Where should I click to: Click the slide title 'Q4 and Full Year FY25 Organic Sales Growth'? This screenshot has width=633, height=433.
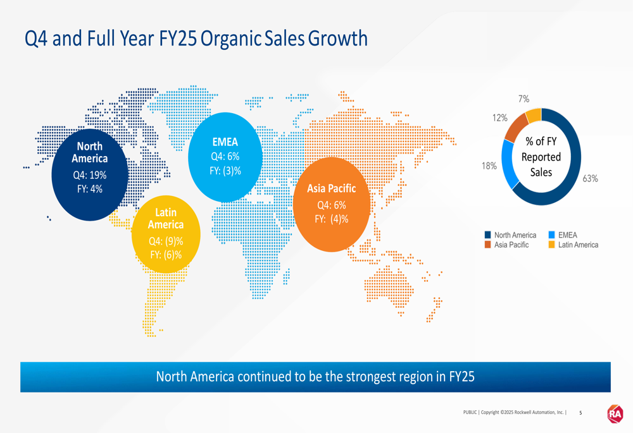[x=196, y=39]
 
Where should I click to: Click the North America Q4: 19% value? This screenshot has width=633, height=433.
[x=89, y=175]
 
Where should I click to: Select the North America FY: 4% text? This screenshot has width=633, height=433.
[x=89, y=188]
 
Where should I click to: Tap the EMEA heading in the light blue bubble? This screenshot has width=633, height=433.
[x=225, y=142]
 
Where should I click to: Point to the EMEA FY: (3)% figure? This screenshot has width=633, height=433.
[x=225, y=170]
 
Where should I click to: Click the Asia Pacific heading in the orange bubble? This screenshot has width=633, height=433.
[x=331, y=188]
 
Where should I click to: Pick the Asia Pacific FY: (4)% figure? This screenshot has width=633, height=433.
[x=331, y=219]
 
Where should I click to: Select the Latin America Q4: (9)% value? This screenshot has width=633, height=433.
[x=166, y=241]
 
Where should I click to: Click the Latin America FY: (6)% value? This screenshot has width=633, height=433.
[x=166, y=255]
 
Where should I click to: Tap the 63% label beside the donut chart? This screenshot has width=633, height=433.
[x=590, y=179]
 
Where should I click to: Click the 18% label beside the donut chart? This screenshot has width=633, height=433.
[x=489, y=166]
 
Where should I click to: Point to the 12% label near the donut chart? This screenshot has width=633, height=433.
[x=500, y=118]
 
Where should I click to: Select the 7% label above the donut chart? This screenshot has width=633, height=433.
[x=523, y=99]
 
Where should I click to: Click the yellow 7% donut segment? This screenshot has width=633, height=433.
[x=533, y=115]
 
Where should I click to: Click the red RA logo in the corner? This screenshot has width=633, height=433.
[x=615, y=413]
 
